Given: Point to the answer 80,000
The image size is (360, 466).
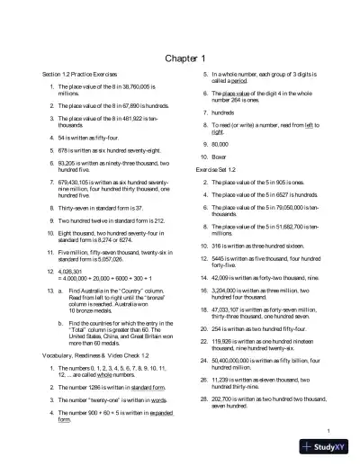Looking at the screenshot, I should pos(220,144).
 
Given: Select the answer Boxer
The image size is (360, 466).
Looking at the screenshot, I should pos(219,157).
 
